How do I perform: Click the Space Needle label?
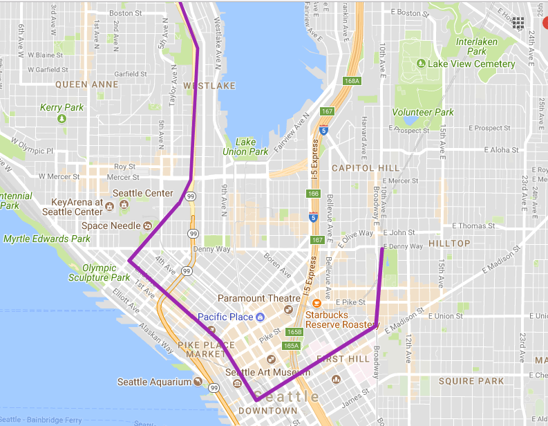[111, 225]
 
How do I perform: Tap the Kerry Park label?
[62, 107]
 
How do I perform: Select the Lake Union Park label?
[245, 147]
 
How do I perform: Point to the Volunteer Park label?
[423, 112]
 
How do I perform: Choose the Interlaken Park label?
[476, 46]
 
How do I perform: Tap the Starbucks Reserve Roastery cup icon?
[316, 303]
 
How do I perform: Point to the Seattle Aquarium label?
[153, 382]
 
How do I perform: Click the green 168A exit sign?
[352, 81]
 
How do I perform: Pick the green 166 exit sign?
[313, 194]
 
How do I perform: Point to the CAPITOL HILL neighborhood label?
[365, 168]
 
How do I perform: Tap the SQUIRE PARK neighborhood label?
[471, 381]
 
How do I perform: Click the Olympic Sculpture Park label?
[99, 272]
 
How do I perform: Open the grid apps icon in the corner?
[518, 23]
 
